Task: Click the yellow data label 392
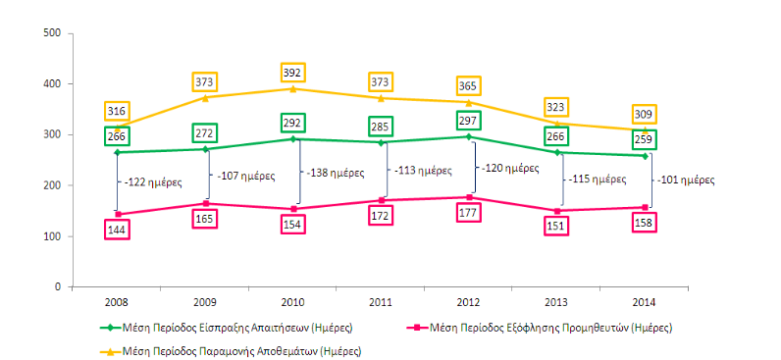point(292,73)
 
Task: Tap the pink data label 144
point(117,230)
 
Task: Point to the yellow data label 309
point(645,115)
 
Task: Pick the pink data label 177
point(469,214)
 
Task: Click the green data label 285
point(381,127)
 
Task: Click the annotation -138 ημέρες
point(334,174)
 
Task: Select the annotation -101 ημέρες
point(687,180)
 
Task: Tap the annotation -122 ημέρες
point(152,182)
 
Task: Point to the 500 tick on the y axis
point(53,33)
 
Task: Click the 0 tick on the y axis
point(57,287)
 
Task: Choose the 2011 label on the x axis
point(381,302)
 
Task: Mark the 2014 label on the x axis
point(645,302)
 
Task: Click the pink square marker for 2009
point(205,203)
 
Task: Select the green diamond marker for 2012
point(469,136)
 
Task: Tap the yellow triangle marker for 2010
point(292,88)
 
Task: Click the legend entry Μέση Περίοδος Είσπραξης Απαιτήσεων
point(227,328)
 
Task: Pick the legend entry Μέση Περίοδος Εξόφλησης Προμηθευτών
point(540,328)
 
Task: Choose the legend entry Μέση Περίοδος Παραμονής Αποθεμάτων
point(231,351)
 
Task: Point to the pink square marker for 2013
point(557,211)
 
